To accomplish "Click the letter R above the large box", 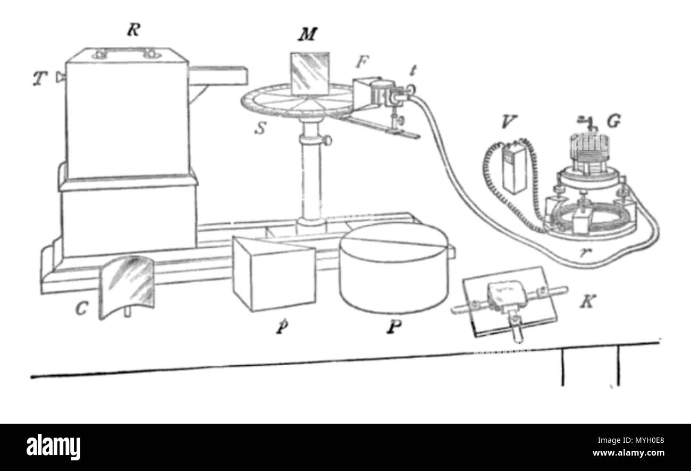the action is tap(133, 30).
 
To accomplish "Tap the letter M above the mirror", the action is tap(308, 34).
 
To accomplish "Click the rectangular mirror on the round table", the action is tap(310, 74).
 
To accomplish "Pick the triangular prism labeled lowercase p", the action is tap(274, 273).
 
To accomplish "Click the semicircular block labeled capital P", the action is tap(394, 268).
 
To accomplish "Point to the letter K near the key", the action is tap(587, 301).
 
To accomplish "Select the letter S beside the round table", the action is tap(260, 128).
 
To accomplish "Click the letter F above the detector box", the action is tap(362, 62).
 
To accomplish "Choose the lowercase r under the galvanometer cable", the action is tap(583, 253).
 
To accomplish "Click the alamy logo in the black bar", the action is tap(53, 447).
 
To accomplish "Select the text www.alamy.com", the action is tap(628, 453).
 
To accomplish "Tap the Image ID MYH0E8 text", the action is tap(631, 440).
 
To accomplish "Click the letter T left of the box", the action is tap(40, 78).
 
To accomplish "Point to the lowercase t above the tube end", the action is tap(413, 71).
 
